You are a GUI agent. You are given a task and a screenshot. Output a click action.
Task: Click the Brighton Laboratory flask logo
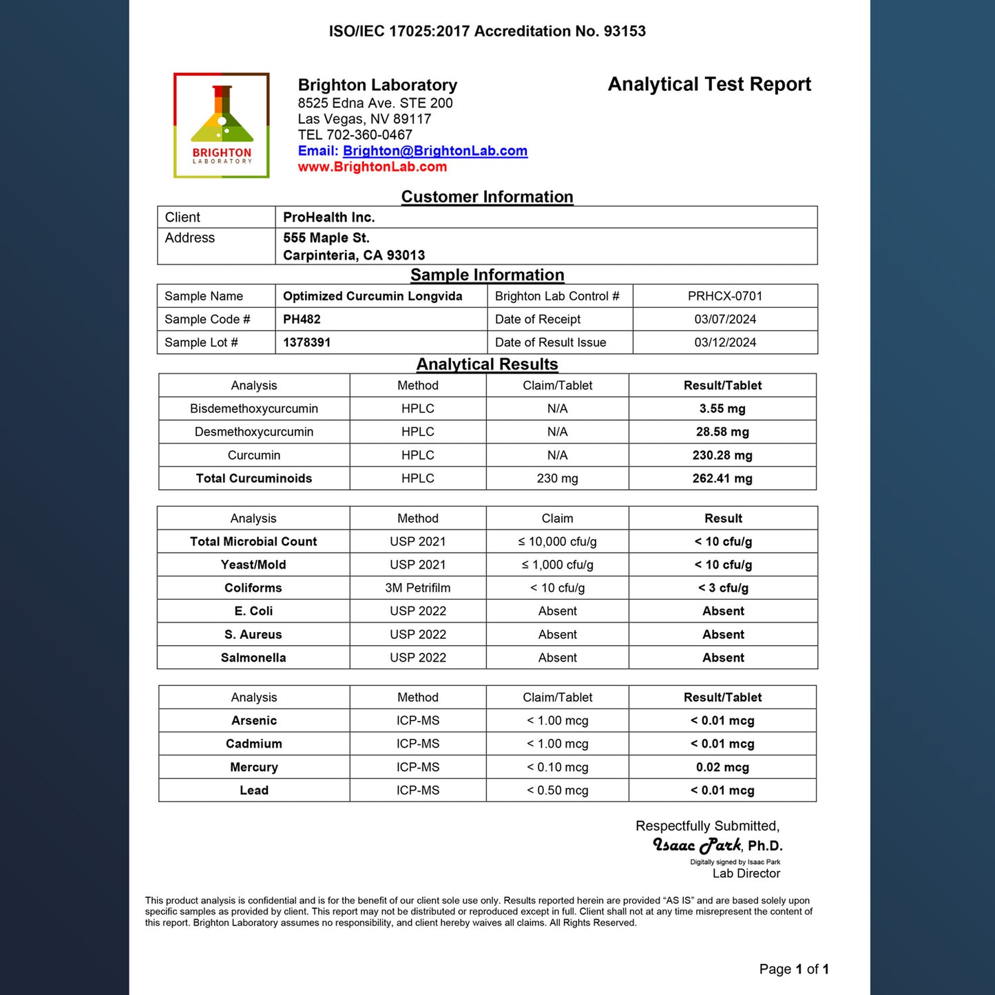tap(221, 125)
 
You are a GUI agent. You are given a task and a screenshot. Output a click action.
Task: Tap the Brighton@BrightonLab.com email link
tap(435, 151)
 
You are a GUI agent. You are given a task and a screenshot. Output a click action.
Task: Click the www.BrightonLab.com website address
tap(372, 167)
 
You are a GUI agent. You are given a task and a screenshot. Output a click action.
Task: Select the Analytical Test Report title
tap(709, 84)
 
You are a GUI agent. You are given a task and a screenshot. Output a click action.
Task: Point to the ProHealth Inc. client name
tap(329, 218)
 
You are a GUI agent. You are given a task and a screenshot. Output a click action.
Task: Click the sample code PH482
tap(302, 320)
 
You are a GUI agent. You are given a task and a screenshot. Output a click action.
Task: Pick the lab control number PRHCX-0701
tap(725, 296)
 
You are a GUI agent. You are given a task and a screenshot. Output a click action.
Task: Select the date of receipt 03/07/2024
tap(725, 320)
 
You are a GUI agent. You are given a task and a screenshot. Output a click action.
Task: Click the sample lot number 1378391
tap(306, 342)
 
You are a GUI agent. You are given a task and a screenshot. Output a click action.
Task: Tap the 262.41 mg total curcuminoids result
tap(722, 479)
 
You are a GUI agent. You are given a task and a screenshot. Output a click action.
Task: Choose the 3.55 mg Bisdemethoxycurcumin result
tap(722, 409)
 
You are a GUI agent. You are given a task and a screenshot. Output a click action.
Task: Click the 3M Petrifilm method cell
tap(418, 588)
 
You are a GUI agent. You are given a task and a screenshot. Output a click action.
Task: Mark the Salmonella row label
tap(253, 658)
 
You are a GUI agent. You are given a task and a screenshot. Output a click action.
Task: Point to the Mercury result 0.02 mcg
tap(722, 767)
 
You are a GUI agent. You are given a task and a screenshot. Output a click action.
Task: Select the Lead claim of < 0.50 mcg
tap(557, 790)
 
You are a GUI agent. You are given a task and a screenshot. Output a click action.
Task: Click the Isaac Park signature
tap(697, 845)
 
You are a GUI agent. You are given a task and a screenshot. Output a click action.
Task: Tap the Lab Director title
tap(746, 873)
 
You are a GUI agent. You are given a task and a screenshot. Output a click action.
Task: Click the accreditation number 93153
tap(625, 31)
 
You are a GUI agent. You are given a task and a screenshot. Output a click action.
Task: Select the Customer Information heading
tap(487, 197)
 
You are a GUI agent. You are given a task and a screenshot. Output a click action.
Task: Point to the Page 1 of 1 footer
tap(794, 970)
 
